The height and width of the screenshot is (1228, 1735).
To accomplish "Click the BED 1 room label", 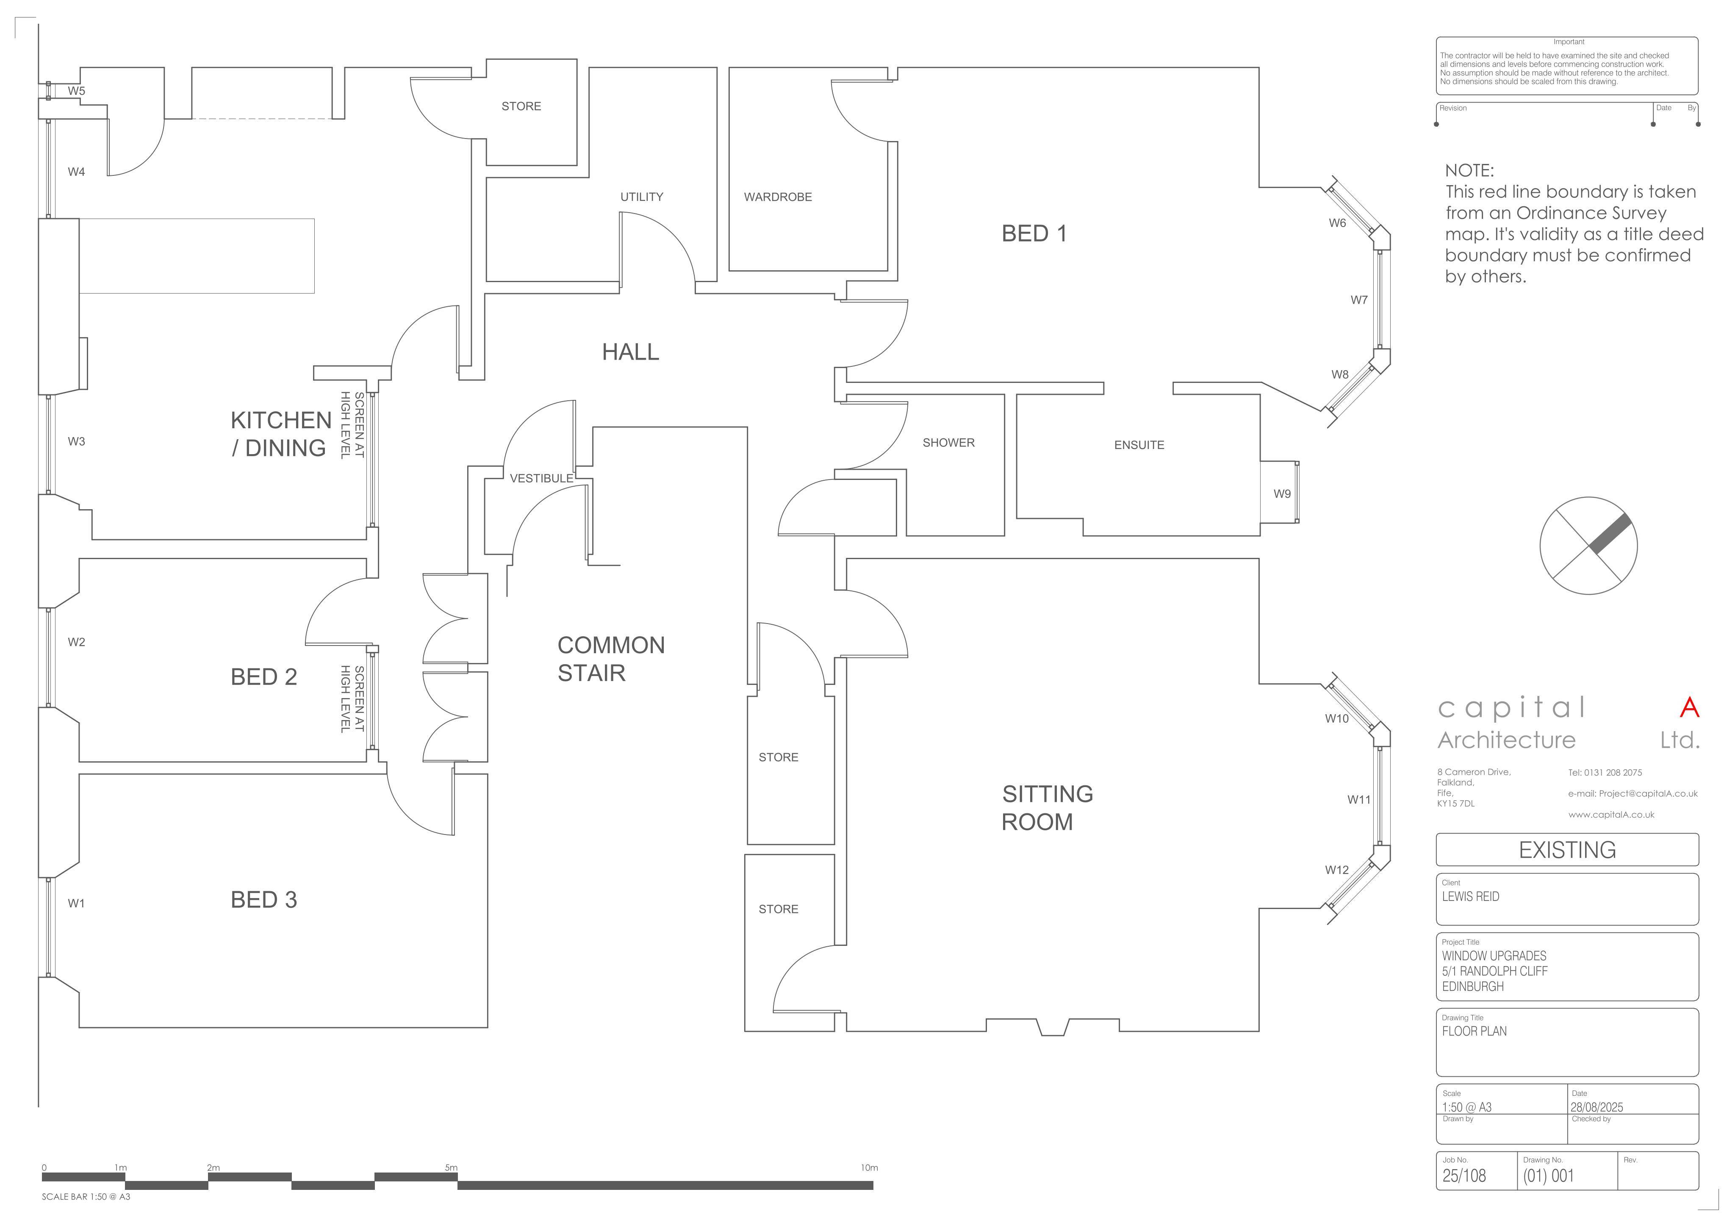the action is tap(1034, 234).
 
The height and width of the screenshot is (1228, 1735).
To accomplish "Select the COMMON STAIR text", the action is tap(611, 659).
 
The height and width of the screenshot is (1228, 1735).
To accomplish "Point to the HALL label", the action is tap(630, 352).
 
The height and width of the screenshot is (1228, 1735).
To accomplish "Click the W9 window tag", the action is tap(1282, 494).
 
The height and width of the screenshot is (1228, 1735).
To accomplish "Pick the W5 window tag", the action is tap(76, 91).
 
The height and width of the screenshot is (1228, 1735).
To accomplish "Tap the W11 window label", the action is tap(1358, 799).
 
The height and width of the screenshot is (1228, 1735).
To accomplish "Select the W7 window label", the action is tap(1359, 300).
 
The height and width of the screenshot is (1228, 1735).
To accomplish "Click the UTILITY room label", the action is tap(642, 197).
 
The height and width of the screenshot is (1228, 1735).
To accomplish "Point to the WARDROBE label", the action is tap(778, 197).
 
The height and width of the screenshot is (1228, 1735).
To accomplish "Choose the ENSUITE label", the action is tap(1139, 445).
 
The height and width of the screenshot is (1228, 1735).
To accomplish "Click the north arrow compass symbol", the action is tap(1588, 545).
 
